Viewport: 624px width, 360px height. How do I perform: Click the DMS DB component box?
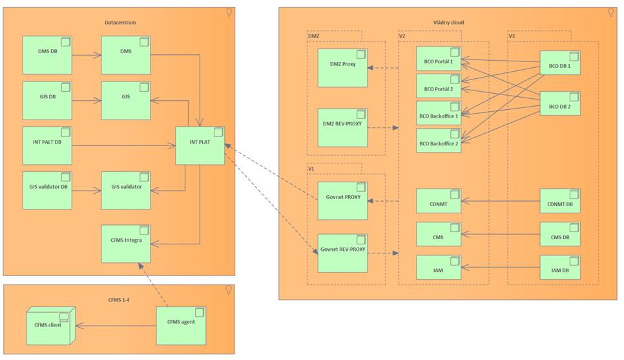[47, 55]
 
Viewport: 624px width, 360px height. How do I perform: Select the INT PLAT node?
[200, 145]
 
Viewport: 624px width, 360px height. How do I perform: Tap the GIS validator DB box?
[47, 190]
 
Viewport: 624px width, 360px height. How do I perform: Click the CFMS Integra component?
[126, 244]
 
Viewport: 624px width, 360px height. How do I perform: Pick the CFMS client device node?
[50, 326]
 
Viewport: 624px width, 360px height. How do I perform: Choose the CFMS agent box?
[181, 326]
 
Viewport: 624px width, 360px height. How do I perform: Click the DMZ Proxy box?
[342, 68]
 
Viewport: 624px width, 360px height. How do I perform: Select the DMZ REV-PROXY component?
[342, 127]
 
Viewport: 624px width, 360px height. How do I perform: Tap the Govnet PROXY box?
[342, 201]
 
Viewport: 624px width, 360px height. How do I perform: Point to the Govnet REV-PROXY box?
[342, 253]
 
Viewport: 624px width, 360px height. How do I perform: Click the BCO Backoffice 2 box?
[439, 141]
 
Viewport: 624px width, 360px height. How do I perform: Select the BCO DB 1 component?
[560, 63]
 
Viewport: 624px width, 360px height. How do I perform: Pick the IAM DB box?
[560, 268]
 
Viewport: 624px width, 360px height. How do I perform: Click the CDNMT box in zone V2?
[439, 201]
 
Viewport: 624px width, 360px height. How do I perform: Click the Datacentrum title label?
[120, 23]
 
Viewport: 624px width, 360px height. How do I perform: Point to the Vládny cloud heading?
[448, 23]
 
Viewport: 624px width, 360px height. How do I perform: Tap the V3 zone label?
[512, 36]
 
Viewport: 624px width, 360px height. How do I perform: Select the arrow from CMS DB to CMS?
[501, 235]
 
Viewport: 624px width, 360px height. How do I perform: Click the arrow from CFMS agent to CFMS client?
[116, 326]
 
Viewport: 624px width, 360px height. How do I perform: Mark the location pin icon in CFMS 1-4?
[228, 291]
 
